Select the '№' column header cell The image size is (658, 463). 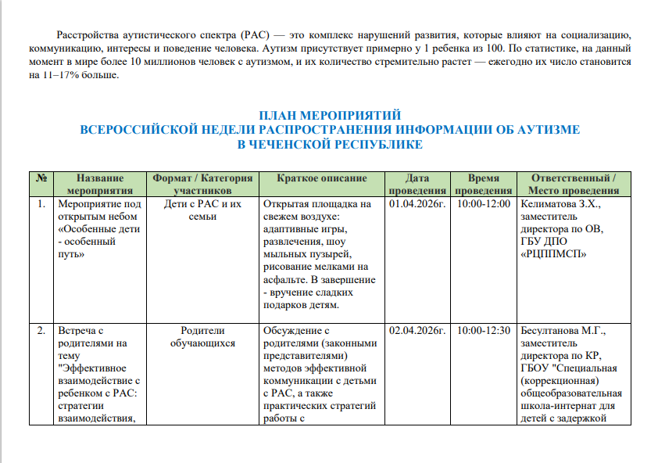(40, 178)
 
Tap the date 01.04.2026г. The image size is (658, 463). (417, 204)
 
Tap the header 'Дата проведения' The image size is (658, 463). (417, 184)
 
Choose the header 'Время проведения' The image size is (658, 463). (483, 184)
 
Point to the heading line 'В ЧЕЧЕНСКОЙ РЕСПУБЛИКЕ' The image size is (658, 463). (330, 144)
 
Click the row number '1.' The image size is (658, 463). (40, 204)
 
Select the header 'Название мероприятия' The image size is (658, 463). (100, 184)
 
